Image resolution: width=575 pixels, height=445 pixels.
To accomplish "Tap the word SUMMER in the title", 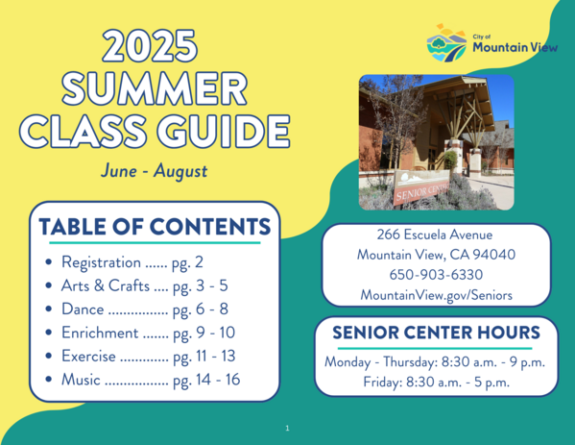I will [154, 89].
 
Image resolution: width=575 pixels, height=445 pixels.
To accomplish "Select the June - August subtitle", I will [154, 171].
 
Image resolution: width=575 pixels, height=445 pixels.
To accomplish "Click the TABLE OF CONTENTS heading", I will [154, 227].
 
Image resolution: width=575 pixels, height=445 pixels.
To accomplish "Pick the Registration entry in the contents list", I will [132, 261].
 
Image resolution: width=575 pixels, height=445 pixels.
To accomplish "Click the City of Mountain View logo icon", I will [446, 43].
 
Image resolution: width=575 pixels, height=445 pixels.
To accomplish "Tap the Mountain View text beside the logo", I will [510, 47].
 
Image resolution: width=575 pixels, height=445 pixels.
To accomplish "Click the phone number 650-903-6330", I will [436, 275].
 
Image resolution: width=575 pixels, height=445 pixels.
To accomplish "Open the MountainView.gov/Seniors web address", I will [436, 294].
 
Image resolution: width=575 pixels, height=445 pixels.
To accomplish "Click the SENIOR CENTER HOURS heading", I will [436, 334].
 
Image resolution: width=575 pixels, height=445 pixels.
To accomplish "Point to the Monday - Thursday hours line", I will [436, 362].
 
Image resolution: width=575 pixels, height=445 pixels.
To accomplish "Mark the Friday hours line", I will [436, 382].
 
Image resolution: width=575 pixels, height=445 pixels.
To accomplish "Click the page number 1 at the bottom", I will [287, 428].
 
